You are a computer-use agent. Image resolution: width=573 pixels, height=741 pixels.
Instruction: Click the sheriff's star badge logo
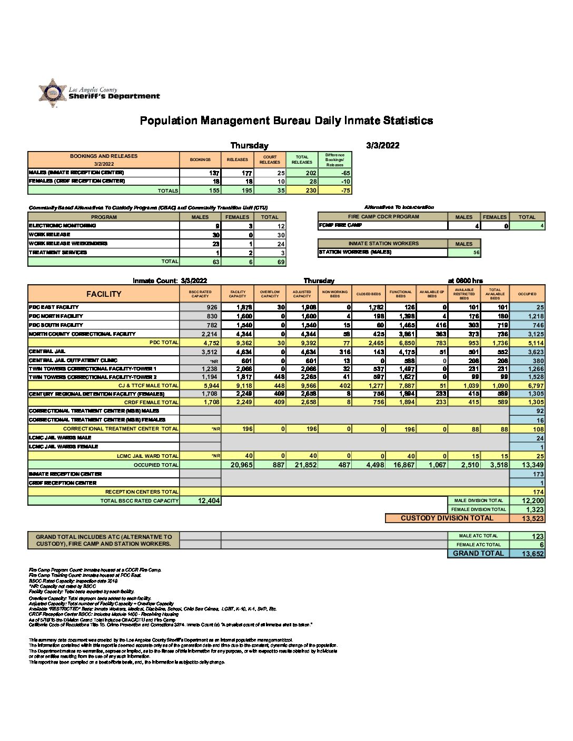point(52,93)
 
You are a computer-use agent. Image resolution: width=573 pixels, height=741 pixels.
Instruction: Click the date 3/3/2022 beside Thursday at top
point(382,146)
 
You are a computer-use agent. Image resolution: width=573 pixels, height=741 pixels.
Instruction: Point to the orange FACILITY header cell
point(104,294)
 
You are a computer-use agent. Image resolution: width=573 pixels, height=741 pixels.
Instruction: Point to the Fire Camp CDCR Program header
point(383,217)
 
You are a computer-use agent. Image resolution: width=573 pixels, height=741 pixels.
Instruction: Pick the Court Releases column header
point(270,159)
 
